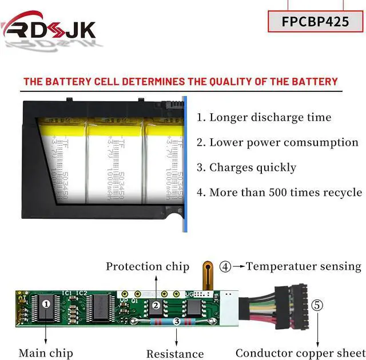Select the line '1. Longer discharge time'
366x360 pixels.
click(264, 118)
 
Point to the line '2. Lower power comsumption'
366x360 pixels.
click(277, 143)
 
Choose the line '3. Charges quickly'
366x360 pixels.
click(246, 167)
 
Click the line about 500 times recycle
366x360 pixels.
click(280, 192)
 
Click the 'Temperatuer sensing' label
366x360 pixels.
click(304, 266)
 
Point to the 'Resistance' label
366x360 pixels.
click(175, 354)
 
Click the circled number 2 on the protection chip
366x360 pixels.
click(156, 306)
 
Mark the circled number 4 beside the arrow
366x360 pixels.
click(226, 266)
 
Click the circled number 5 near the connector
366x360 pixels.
click(317, 305)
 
